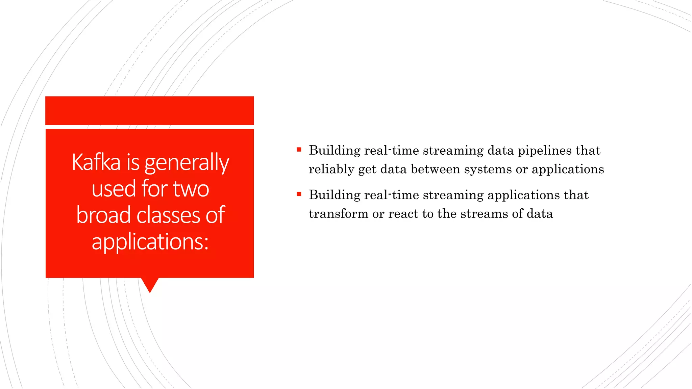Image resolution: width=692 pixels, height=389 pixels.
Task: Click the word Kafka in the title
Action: click(x=96, y=162)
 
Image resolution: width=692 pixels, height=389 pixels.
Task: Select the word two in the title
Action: click(x=191, y=188)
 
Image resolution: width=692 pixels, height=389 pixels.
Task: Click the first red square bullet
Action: click(x=299, y=150)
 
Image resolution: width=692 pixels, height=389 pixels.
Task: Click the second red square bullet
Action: click(x=299, y=194)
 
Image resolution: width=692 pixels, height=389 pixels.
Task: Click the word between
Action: click(x=436, y=169)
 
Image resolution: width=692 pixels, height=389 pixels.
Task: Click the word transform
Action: click(x=338, y=214)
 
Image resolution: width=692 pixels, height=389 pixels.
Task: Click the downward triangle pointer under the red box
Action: click(x=150, y=284)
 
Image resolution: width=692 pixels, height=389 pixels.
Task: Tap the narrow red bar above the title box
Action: click(x=149, y=110)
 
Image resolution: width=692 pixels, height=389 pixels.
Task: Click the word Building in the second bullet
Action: click(x=335, y=195)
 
